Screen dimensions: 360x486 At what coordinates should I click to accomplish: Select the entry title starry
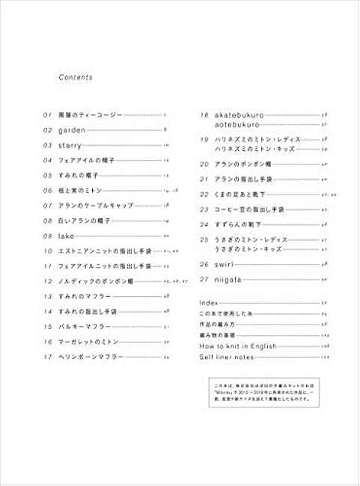[x=71, y=144]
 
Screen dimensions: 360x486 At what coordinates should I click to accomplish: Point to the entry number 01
[x=47, y=114]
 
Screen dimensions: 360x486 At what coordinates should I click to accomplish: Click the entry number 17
[x=47, y=357]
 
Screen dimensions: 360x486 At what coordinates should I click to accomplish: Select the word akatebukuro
[x=236, y=114]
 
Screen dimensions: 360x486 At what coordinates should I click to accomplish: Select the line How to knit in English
[x=238, y=346]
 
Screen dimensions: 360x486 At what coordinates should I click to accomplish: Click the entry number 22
[x=203, y=194]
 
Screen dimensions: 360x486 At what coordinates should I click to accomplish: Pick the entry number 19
[x=203, y=139]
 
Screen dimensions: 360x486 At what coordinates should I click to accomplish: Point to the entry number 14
[x=47, y=311]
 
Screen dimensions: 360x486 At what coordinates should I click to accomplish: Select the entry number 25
[x=203, y=239]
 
